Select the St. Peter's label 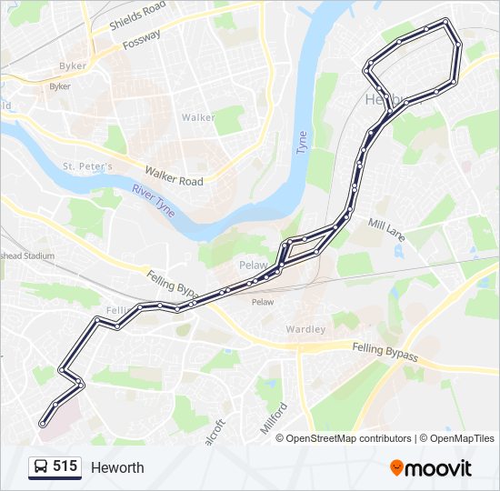[87, 166]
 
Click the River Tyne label [153, 196]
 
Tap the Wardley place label [305, 329]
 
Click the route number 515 [65, 466]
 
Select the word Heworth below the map [117, 467]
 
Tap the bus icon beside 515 [41, 467]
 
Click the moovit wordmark [439, 468]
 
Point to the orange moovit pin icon [396, 468]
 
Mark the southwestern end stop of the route [42, 424]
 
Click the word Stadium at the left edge [38, 256]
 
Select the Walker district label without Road [198, 117]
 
